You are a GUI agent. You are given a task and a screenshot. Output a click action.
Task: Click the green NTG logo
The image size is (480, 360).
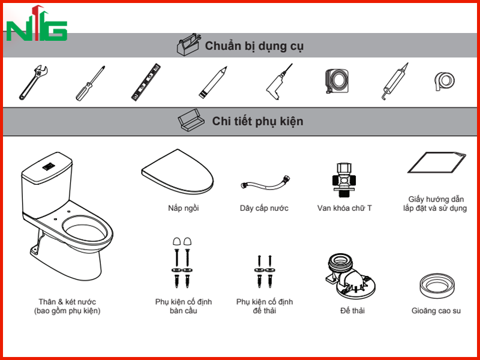point(37,24)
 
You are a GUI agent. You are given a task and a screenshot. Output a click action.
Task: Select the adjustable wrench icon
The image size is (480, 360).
point(34,82)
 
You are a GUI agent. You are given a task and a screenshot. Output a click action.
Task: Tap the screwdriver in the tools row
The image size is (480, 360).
point(91,83)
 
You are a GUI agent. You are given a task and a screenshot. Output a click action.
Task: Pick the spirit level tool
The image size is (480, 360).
point(146,82)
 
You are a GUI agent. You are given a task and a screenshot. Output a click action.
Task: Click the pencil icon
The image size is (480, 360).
point(213,82)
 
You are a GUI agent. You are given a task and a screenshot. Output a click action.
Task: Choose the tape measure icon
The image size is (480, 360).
point(337,81)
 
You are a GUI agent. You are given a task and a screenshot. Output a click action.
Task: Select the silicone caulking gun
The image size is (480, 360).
point(395,82)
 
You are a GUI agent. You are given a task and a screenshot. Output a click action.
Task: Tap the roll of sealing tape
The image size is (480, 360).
point(445,81)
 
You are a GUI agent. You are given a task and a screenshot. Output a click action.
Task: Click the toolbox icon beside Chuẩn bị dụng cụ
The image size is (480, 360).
point(189,44)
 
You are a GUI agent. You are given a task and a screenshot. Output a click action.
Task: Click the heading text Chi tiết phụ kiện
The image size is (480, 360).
point(257,121)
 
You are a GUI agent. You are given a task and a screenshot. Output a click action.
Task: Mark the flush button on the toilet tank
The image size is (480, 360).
point(49,167)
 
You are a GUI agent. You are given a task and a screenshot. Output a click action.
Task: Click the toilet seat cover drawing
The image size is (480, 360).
point(178,172)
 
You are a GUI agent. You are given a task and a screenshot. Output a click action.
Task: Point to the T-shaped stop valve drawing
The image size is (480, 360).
point(344,179)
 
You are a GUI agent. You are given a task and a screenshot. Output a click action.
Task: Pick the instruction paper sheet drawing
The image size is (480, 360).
point(437,163)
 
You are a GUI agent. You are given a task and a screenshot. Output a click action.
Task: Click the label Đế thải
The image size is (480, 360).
point(352,311)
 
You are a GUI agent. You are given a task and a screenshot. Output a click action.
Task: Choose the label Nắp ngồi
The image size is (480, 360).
point(184,208)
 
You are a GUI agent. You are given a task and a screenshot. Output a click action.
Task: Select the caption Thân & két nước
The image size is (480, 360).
point(67,302)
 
